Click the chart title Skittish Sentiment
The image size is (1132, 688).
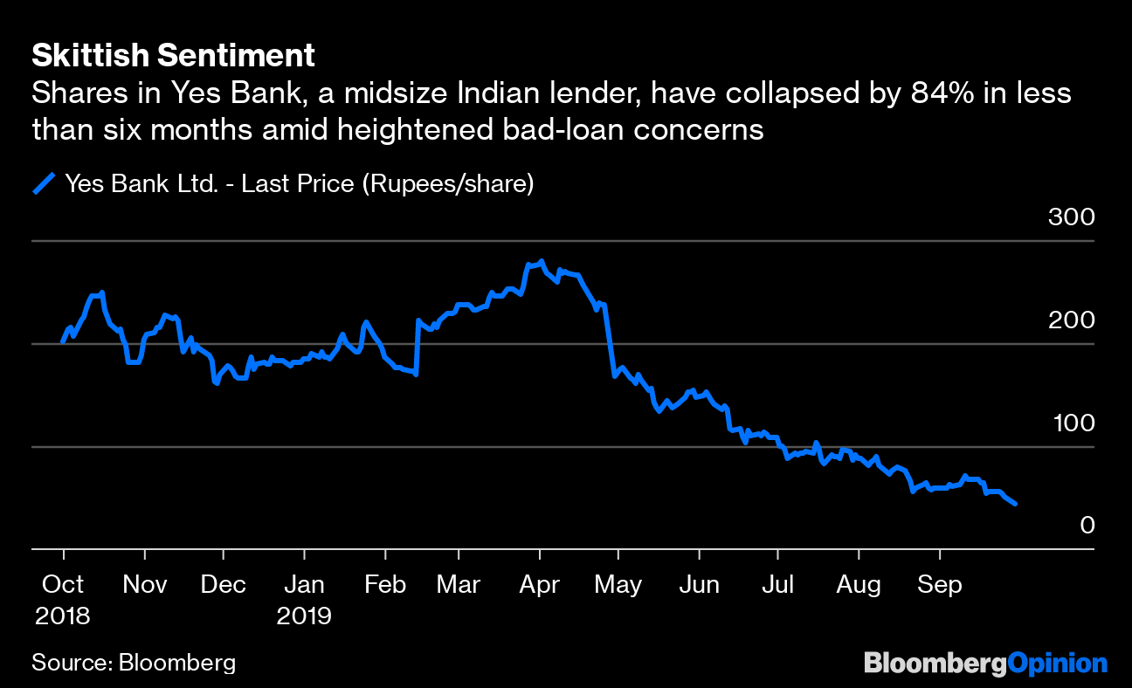point(173,57)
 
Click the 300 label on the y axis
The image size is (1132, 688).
point(1070,217)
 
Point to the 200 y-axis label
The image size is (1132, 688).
point(1070,320)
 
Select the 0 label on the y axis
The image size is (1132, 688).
point(1086,526)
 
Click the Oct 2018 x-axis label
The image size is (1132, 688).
point(62,599)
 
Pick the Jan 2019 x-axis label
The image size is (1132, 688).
point(304,599)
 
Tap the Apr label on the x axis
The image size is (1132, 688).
point(539,584)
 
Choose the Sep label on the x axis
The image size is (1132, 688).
point(939,584)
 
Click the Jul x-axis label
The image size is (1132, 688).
point(777,584)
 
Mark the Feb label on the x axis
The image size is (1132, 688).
point(384,584)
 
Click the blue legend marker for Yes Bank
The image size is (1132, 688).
point(44,184)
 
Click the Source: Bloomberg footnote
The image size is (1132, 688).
point(134,663)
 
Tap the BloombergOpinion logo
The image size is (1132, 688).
point(985,664)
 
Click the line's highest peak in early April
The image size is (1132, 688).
point(542,261)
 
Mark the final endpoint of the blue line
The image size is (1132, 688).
point(1014,504)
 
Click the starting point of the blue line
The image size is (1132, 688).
point(62,341)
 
